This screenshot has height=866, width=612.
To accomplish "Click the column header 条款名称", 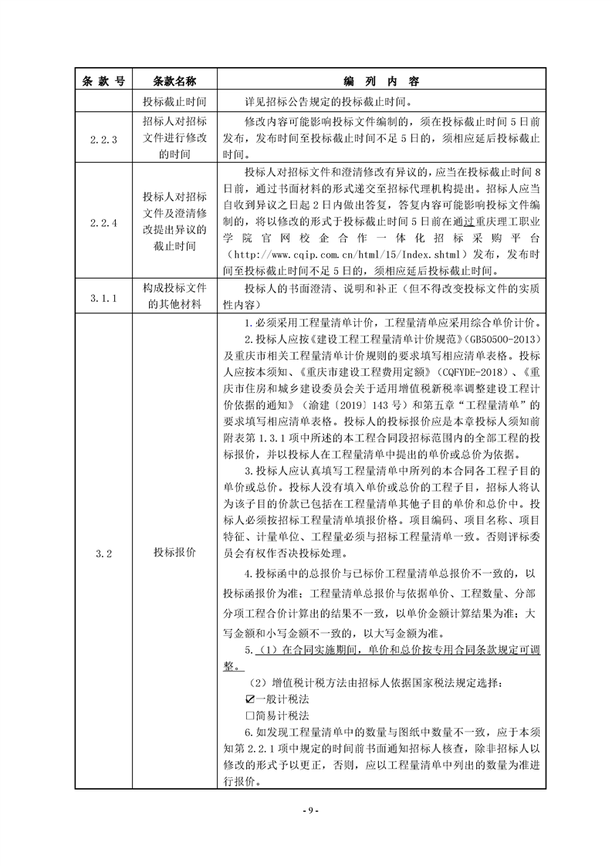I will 174,80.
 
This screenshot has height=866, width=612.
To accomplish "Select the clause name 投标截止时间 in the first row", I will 174,101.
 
